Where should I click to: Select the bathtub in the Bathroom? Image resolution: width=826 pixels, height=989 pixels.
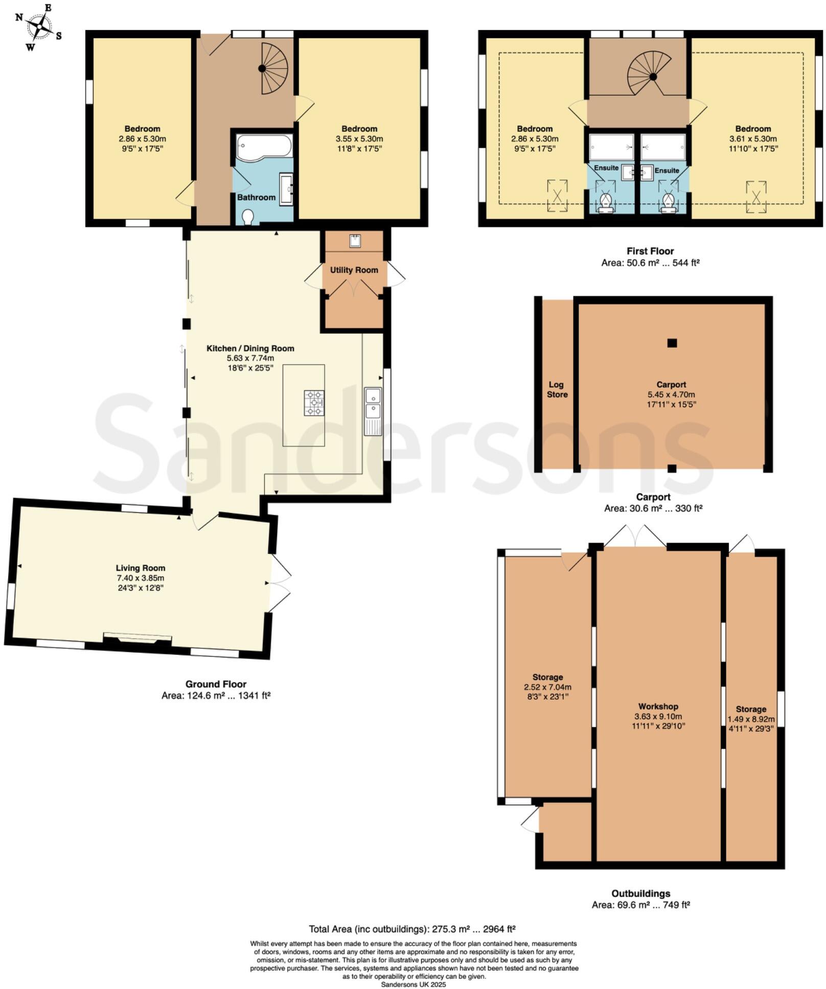[x=264, y=147]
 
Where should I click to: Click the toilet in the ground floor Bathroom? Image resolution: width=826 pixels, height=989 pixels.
[x=248, y=217]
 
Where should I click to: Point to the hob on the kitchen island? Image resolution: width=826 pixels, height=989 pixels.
[x=314, y=403]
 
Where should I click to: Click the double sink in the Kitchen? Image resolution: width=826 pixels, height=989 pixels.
[x=373, y=411]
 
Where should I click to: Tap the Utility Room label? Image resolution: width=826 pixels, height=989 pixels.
[x=354, y=270]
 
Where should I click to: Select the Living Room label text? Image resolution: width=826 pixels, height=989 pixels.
[x=140, y=568]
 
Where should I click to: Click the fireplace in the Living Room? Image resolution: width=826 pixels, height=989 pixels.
[x=137, y=639]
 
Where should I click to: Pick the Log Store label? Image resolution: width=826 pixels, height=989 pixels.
[x=557, y=389]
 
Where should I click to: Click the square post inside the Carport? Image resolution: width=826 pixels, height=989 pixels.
[x=672, y=343]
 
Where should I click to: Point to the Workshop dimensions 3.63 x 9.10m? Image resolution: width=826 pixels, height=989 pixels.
[x=658, y=716]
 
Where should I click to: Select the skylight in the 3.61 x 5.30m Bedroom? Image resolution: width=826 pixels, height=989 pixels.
[x=755, y=196]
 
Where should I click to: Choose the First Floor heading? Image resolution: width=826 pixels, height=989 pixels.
[x=650, y=251]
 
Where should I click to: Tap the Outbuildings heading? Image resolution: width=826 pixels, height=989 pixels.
[x=640, y=893]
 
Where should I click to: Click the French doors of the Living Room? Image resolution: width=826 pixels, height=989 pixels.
[x=279, y=582]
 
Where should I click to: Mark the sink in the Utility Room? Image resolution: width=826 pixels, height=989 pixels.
[x=355, y=241]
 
